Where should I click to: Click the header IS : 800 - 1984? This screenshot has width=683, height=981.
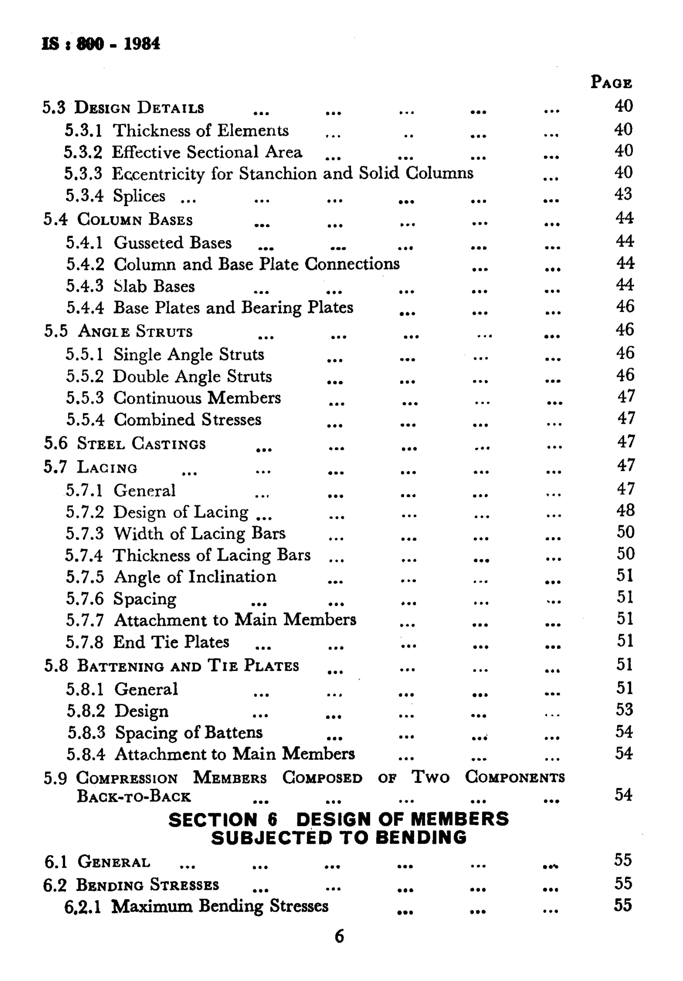click(101, 44)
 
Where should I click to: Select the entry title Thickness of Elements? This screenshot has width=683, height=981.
click(200, 130)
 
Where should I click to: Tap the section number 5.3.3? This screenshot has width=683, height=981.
click(83, 173)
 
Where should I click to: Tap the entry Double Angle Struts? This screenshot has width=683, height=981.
click(192, 376)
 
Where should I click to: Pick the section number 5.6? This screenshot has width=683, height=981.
click(56, 443)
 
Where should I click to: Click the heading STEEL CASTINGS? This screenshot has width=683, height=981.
click(141, 443)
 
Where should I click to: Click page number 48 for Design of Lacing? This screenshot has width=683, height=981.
click(625, 510)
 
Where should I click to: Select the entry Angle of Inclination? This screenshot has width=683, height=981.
click(195, 577)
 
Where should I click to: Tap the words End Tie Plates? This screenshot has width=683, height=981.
click(171, 642)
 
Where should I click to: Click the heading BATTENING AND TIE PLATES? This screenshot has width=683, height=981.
click(188, 666)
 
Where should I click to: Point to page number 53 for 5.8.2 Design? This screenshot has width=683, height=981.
click(624, 710)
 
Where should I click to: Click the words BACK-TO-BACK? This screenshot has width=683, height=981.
click(133, 796)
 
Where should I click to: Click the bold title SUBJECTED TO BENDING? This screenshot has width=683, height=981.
click(338, 837)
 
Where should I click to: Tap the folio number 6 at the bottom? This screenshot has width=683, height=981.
click(339, 936)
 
